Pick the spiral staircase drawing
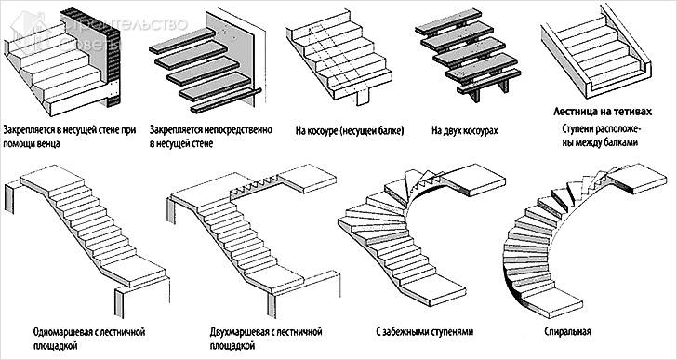(x=577, y=242)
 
